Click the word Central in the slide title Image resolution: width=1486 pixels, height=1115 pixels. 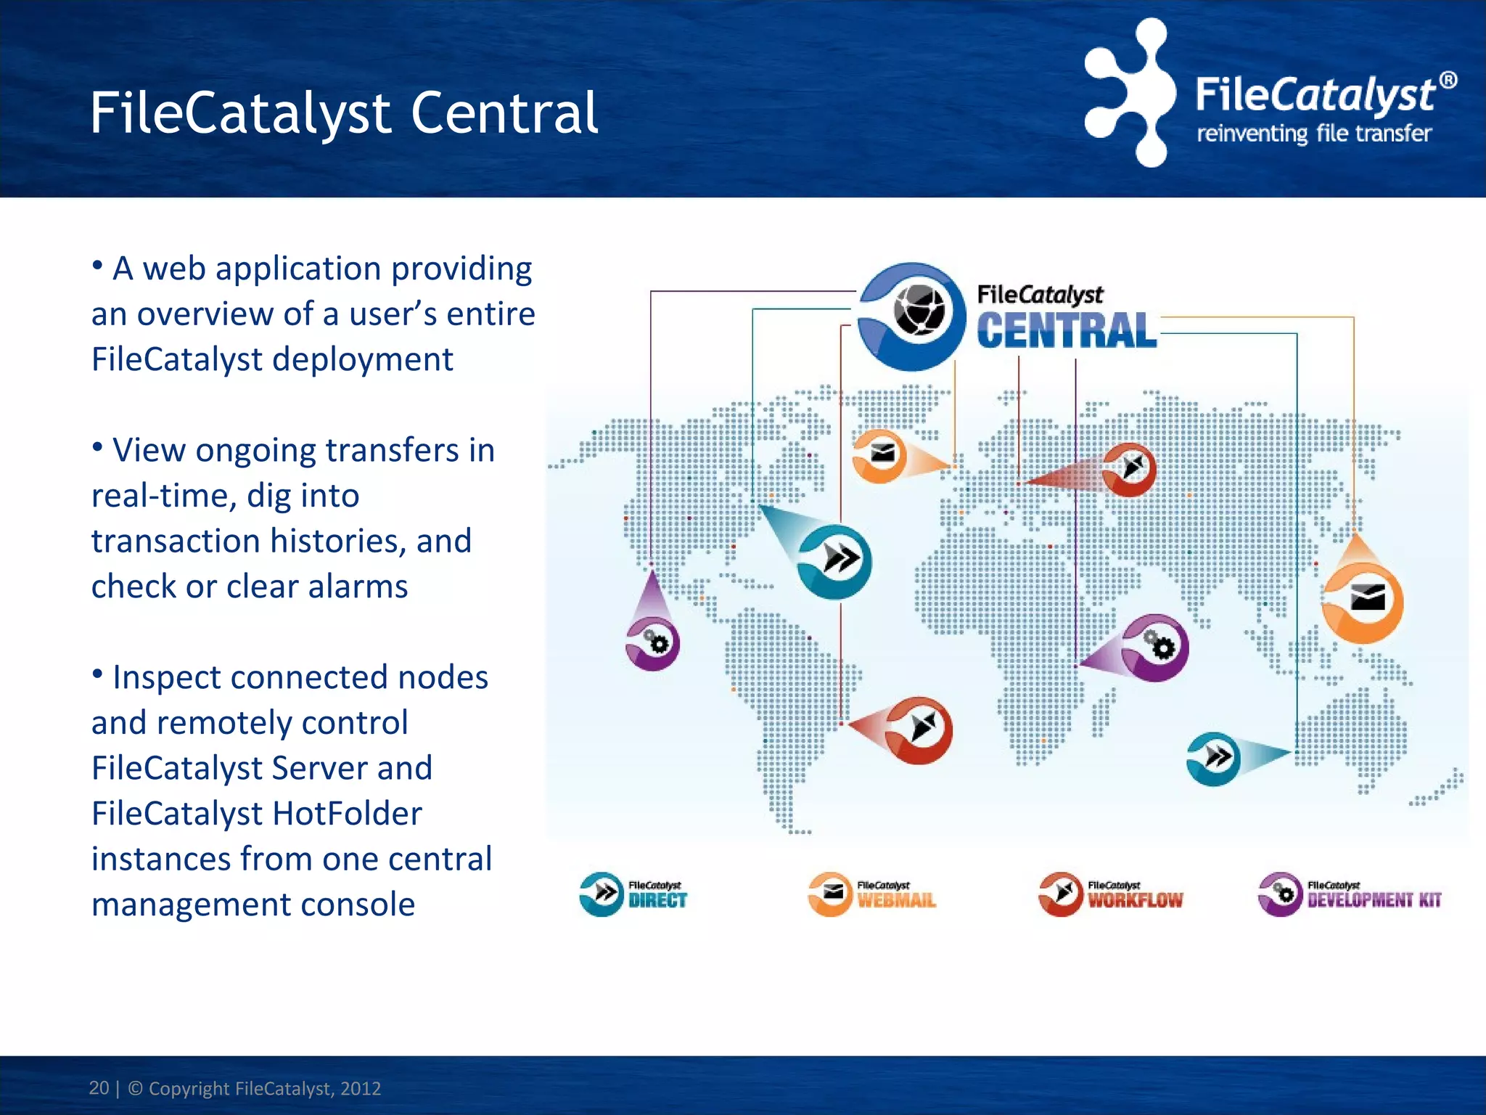click(504, 114)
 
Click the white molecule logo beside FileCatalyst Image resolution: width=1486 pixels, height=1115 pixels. click(1129, 93)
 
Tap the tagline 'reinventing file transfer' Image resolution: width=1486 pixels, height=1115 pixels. click(1313, 134)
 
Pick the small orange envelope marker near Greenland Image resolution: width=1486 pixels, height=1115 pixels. click(879, 456)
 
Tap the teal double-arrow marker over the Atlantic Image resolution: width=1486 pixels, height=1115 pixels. click(835, 560)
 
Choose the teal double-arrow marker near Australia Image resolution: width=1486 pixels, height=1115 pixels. click(1214, 759)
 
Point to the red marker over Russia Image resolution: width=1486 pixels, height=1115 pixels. click(1128, 469)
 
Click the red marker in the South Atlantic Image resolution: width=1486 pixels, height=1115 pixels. click(919, 730)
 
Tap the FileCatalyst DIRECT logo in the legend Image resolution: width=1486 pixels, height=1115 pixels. click(633, 894)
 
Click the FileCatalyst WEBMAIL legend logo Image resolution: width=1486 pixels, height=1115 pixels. click(871, 894)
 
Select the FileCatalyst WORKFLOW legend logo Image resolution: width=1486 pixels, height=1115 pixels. click(1111, 894)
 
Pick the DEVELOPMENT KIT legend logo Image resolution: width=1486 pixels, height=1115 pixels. click(1350, 894)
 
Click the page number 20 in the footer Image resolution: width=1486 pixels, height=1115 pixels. click(99, 1087)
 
